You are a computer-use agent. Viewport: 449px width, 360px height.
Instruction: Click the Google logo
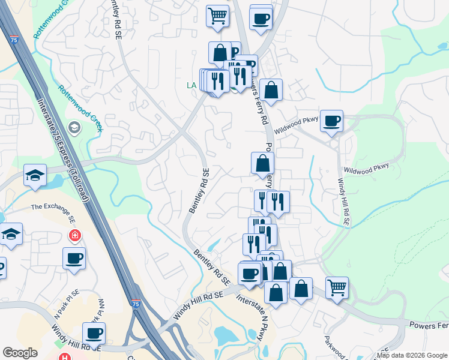(20, 353)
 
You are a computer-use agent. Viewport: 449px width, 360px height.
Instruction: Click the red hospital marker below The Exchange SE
(75, 235)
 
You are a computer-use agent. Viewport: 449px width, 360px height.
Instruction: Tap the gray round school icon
(74, 127)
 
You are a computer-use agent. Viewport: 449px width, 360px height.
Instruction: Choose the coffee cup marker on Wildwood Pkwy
(331, 121)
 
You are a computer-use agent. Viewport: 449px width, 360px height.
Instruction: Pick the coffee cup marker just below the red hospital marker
(74, 258)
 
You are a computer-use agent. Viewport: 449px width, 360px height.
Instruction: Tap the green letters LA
(191, 86)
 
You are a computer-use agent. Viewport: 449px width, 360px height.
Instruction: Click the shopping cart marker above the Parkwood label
(338, 287)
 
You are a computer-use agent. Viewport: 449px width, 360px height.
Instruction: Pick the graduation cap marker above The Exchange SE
(35, 175)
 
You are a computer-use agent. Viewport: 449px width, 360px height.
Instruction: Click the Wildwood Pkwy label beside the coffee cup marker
(296, 125)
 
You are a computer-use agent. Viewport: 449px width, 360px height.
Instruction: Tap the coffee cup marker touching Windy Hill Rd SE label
(94, 333)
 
